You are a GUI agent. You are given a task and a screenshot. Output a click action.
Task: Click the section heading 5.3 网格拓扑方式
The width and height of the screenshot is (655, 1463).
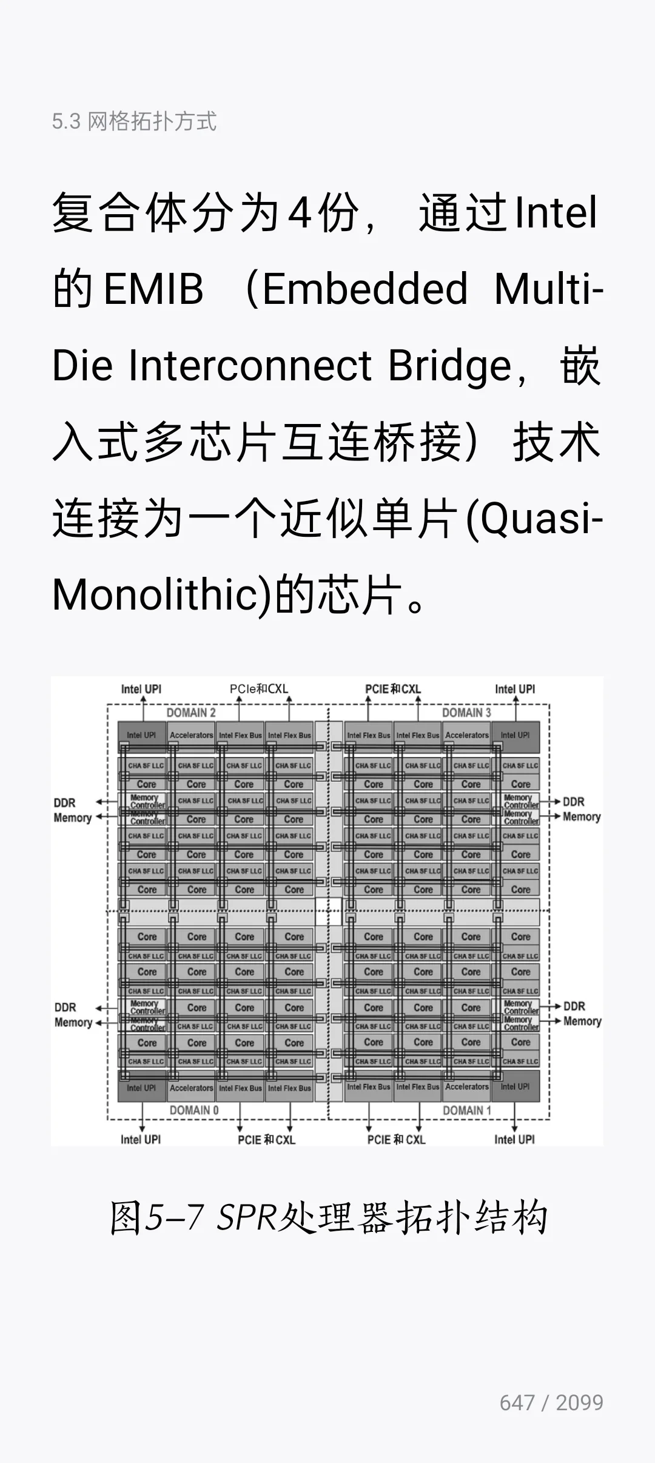134,121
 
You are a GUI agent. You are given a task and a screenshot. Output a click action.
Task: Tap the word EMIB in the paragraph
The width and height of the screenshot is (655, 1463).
153,289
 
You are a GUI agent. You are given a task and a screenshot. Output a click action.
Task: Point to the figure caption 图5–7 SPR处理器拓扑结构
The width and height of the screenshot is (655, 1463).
328,1217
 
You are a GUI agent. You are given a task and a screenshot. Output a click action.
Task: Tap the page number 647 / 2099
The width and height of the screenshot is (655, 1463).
551,1402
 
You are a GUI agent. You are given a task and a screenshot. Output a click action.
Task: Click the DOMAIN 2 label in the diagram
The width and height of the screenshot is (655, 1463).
191,713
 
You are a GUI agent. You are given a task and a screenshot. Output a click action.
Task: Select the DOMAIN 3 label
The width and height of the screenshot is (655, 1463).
466,713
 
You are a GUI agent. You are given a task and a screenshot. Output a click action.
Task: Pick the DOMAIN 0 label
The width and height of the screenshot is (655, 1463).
194,1110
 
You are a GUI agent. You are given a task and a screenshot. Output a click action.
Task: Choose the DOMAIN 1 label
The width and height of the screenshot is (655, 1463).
467,1110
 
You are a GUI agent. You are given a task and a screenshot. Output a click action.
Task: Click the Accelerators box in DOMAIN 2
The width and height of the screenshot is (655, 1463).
191,735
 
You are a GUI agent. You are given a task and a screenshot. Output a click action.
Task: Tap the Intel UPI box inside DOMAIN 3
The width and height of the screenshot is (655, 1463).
515,735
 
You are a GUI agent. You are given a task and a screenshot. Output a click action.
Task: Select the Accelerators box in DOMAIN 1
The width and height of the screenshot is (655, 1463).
466,1087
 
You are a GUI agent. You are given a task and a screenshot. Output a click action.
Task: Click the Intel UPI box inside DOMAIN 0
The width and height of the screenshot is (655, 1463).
141,1088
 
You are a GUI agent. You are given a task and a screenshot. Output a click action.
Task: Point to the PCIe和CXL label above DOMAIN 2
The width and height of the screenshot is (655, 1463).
259,689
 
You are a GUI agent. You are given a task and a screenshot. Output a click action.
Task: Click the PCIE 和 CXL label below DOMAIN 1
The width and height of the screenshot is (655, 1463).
396,1140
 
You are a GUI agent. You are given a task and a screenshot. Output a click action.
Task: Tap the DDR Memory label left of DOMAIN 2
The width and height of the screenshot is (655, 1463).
72,810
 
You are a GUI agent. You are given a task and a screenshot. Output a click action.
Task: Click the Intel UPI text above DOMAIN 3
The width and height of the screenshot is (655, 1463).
515,689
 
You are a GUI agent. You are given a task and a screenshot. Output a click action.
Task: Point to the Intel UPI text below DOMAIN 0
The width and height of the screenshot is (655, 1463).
141,1140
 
